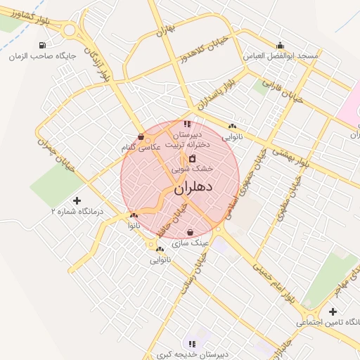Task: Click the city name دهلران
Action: click(x=192, y=188)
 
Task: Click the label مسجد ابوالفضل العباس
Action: click(x=281, y=55)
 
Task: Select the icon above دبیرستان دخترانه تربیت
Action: click(x=186, y=124)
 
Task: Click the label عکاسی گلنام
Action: click(x=141, y=147)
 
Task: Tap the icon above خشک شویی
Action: click(x=193, y=158)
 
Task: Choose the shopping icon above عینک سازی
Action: click(x=191, y=233)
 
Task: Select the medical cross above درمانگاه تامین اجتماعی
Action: click(x=333, y=311)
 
